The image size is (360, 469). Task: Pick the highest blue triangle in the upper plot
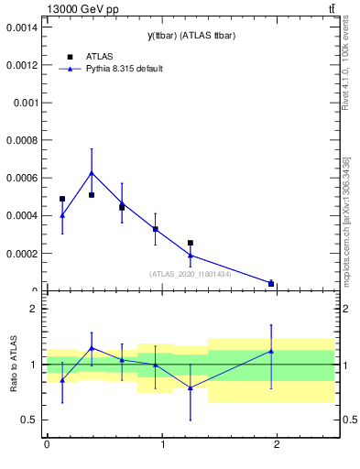[x=92, y=172]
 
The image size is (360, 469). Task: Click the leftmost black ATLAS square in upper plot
[x=62, y=199]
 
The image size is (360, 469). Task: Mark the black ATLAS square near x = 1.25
[x=191, y=243]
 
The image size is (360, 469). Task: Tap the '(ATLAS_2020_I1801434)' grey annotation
[x=189, y=274]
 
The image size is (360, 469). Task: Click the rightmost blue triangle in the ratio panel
[x=271, y=351]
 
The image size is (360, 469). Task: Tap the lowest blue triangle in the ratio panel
[x=191, y=387]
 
